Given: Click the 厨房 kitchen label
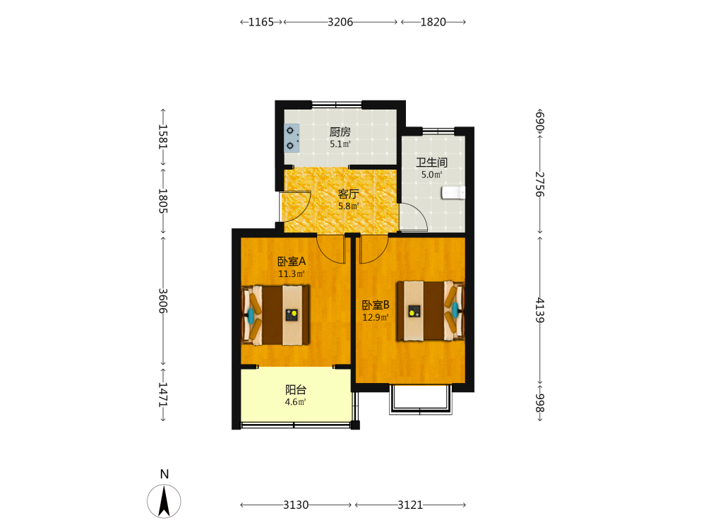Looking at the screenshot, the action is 340,132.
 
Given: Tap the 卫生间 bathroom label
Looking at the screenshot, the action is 431,163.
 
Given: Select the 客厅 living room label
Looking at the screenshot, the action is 348,194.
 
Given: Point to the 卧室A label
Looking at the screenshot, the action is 292,261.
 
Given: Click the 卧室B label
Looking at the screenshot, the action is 376,305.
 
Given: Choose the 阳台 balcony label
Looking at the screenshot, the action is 296,390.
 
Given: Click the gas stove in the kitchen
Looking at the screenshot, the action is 292,138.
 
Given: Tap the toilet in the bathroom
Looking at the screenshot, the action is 453,192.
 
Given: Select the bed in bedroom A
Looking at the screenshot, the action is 275,315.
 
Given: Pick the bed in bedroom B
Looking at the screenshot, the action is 431,310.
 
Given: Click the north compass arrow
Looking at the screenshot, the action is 164,501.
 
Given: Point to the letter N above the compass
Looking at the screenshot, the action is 164,474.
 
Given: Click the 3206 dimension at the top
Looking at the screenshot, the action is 340,22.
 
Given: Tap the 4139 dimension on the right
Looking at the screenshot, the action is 540,310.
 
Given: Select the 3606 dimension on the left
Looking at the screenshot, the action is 163,301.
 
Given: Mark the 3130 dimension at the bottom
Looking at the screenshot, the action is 296,505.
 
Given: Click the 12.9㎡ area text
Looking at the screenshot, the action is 376,317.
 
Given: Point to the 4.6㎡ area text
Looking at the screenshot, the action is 295,402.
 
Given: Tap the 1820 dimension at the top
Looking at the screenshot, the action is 433,22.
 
